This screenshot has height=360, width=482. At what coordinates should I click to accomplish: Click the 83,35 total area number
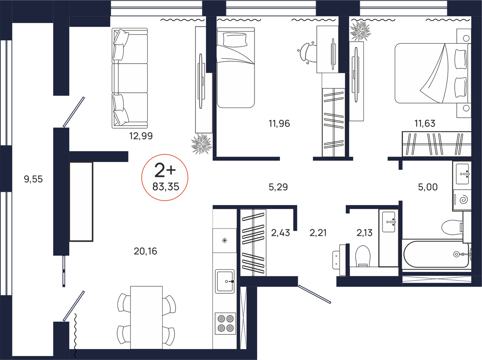166,187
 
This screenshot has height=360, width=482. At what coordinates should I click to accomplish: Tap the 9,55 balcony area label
33,179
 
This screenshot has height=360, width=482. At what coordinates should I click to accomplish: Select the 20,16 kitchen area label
145,251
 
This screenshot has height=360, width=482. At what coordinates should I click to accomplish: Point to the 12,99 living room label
141,136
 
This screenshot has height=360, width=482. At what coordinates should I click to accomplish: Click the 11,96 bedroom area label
279,124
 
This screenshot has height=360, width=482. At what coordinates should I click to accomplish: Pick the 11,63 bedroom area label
425,123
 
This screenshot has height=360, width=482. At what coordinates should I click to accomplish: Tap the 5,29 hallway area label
278,187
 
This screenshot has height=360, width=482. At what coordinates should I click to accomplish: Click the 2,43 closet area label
280,233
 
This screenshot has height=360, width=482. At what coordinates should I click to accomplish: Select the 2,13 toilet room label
364,233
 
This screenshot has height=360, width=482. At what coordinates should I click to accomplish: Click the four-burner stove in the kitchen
225,324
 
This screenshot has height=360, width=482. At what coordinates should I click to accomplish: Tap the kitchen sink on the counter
225,281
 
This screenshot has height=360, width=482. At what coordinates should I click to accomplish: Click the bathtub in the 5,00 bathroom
436,254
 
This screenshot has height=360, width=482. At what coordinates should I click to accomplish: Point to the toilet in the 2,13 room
363,256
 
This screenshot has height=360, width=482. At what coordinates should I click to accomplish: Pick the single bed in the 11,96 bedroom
236,68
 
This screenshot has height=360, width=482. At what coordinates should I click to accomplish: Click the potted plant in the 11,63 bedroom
360,30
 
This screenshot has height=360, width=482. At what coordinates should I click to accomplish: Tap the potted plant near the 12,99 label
202,144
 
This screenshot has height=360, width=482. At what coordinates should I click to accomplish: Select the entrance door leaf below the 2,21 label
314,294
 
